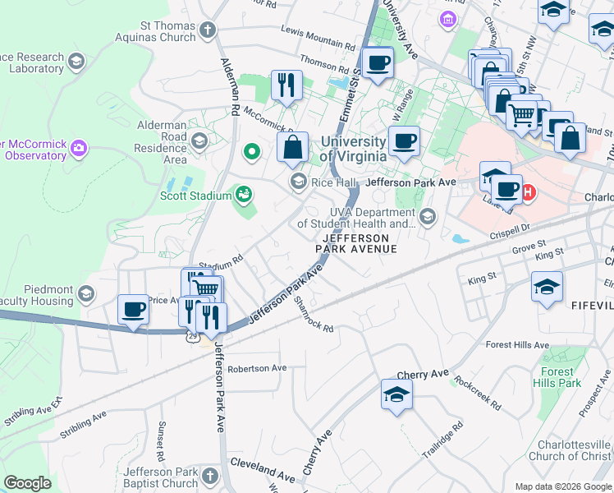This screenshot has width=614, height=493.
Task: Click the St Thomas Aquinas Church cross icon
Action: coord(208,31)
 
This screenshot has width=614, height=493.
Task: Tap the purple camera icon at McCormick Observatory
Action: coord(79,149)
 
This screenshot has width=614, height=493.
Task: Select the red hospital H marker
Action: coord(529,193)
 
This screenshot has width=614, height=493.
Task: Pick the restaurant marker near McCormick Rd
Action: coord(286,85)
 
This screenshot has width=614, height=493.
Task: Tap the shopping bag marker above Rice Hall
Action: coord(292,148)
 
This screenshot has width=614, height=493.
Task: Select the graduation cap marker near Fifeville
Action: coord(547,287)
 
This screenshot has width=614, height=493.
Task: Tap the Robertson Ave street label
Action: coord(257,367)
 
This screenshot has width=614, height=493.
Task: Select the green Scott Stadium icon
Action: coord(242,194)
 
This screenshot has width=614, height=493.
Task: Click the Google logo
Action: coord(28,483)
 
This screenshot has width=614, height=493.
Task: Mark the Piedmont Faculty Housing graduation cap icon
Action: coord(85,293)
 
